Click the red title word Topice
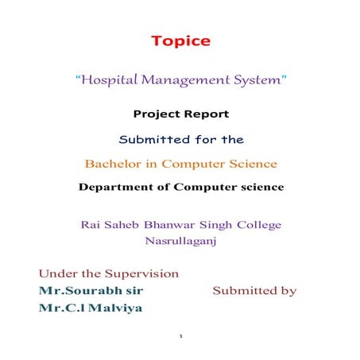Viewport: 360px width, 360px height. (x=181, y=41)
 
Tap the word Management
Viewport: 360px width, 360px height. (x=187, y=80)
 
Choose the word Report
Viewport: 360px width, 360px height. (x=208, y=114)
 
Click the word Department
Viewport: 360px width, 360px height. (x=118, y=188)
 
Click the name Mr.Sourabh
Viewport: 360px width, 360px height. (x=75, y=291)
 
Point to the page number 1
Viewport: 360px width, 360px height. (x=181, y=336)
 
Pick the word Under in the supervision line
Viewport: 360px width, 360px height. (x=57, y=273)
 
